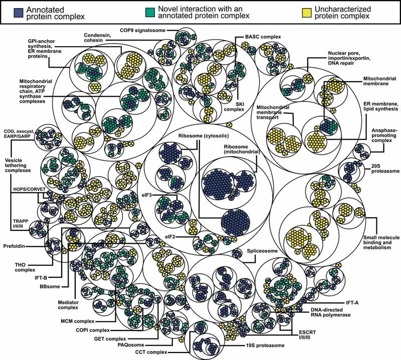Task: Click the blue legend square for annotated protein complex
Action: (x=18, y=13)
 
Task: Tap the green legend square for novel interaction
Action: (x=149, y=12)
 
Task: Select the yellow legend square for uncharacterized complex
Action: (x=307, y=13)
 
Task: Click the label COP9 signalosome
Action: (x=143, y=31)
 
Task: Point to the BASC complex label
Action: (x=263, y=37)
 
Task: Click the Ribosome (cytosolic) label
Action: (x=204, y=136)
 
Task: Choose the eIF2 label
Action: (x=170, y=237)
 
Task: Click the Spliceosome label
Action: (x=262, y=251)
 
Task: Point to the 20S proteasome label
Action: (x=385, y=168)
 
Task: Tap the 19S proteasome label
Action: (x=265, y=345)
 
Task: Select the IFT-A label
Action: (x=352, y=303)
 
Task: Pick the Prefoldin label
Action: (x=14, y=246)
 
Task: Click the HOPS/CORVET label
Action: (x=29, y=189)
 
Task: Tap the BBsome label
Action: (x=50, y=286)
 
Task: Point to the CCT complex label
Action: (x=151, y=352)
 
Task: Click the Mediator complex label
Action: (x=68, y=305)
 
